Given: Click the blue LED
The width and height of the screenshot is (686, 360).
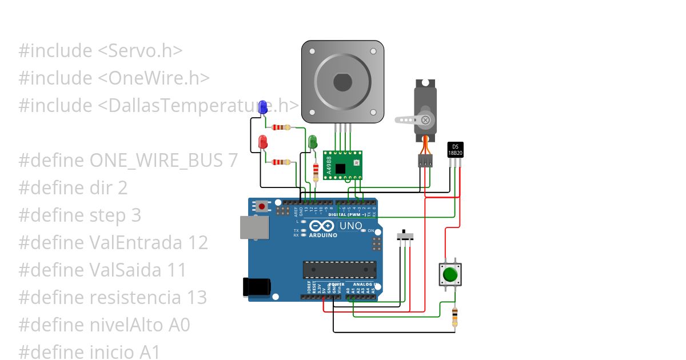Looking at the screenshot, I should click(263, 107).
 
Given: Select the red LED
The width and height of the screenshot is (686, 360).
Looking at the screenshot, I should click(263, 142).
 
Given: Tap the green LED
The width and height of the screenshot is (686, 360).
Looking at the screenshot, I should click(312, 142).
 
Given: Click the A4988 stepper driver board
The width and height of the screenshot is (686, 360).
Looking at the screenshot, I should click(342, 165).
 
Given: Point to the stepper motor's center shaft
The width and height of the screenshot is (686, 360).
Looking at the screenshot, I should click(342, 82).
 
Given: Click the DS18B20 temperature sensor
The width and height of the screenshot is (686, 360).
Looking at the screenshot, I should click(455, 149).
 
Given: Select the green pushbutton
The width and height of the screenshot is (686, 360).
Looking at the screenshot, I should click(450, 274).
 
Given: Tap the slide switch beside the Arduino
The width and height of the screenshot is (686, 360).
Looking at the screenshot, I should click(406, 236).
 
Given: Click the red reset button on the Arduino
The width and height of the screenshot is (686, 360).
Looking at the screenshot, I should click(262, 206).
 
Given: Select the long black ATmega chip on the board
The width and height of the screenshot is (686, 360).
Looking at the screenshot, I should click(340, 270).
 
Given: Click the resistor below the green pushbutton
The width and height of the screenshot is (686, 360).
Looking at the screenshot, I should click(454, 317).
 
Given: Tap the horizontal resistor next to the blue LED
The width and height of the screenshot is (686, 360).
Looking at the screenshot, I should click(281, 127).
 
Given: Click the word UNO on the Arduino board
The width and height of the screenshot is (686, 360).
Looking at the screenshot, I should click(350, 226).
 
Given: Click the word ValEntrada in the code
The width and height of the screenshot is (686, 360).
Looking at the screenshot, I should click(136, 243).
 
